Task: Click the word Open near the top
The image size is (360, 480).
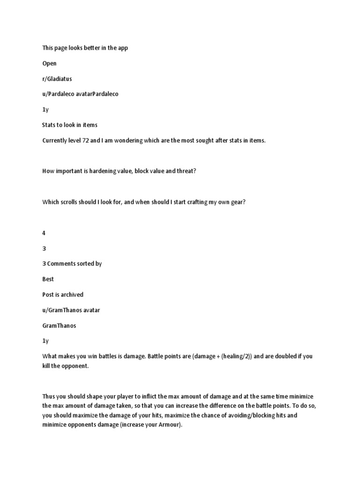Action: [49, 63]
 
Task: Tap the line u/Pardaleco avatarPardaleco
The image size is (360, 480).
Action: [80, 94]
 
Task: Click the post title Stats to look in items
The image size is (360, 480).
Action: [70, 125]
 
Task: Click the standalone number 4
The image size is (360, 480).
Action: [44, 233]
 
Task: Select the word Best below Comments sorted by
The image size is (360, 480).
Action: [48, 279]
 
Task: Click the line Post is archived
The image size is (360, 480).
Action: [63, 294]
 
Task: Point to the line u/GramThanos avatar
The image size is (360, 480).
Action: [71, 310]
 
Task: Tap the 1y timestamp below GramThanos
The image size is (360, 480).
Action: [45, 341]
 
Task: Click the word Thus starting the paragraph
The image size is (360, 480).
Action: [49, 396]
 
